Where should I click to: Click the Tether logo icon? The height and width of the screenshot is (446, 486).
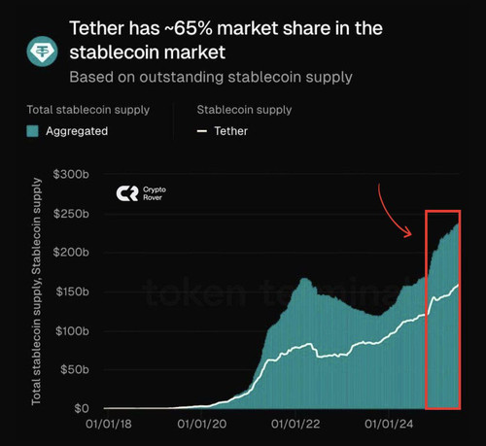[x=42, y=51]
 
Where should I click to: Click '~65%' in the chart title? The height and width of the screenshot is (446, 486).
[x=189, y=28]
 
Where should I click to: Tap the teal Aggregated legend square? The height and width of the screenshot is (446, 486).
[x=32, y=131]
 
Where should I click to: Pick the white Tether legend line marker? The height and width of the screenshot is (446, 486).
[x=202, y=131]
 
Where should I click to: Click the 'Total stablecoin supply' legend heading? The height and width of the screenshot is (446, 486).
[x=88, y=110]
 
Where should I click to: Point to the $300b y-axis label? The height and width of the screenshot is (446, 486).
[x=71, y=174]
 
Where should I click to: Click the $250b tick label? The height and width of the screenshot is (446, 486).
[x=71, y=214]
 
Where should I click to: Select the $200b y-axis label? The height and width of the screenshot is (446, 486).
[x=71, y=252]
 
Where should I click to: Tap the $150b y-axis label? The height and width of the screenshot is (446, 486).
[x=72, y=292]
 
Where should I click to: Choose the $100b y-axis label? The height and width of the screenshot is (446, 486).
[x=72, y=331]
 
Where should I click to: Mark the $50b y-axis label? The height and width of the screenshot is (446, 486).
[x=75, y=369]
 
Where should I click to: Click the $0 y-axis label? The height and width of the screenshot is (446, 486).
[x=82, y=408]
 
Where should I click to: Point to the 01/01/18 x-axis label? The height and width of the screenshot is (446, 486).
[x=109, y=425]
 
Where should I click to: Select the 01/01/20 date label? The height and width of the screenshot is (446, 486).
[x=202, y=425]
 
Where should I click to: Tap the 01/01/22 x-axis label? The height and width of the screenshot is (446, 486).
[x=295, y=425]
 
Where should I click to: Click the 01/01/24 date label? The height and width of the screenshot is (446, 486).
[x=389, y=425]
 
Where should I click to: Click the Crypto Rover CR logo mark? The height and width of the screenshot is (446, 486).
[x=127, y=193]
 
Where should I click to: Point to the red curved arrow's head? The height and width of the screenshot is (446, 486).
[x=409, y=233]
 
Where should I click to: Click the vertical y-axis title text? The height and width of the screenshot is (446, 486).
[x=36, y=292]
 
